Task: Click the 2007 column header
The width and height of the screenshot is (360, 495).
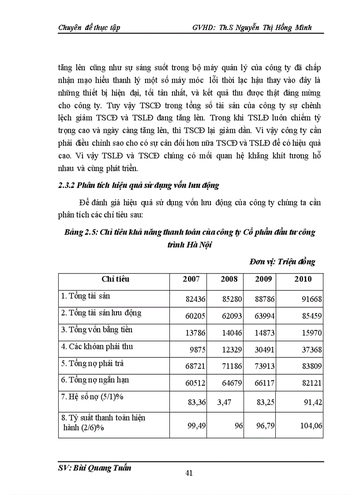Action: point(191,279)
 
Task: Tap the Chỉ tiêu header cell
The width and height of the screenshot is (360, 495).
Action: point(116,279)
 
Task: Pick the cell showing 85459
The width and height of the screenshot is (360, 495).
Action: point(312,316)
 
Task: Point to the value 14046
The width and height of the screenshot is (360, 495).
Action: point(231,333)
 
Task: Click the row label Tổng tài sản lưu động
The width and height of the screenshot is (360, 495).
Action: point(101,313)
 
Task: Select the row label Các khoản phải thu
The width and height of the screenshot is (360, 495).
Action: point(97,346)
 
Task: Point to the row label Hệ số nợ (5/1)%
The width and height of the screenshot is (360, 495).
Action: point(92,397)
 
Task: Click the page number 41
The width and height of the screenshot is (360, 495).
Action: point(189,473)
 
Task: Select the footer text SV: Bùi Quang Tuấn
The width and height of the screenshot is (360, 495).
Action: point(95,468)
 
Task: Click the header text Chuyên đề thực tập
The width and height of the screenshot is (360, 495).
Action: point(89,27)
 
